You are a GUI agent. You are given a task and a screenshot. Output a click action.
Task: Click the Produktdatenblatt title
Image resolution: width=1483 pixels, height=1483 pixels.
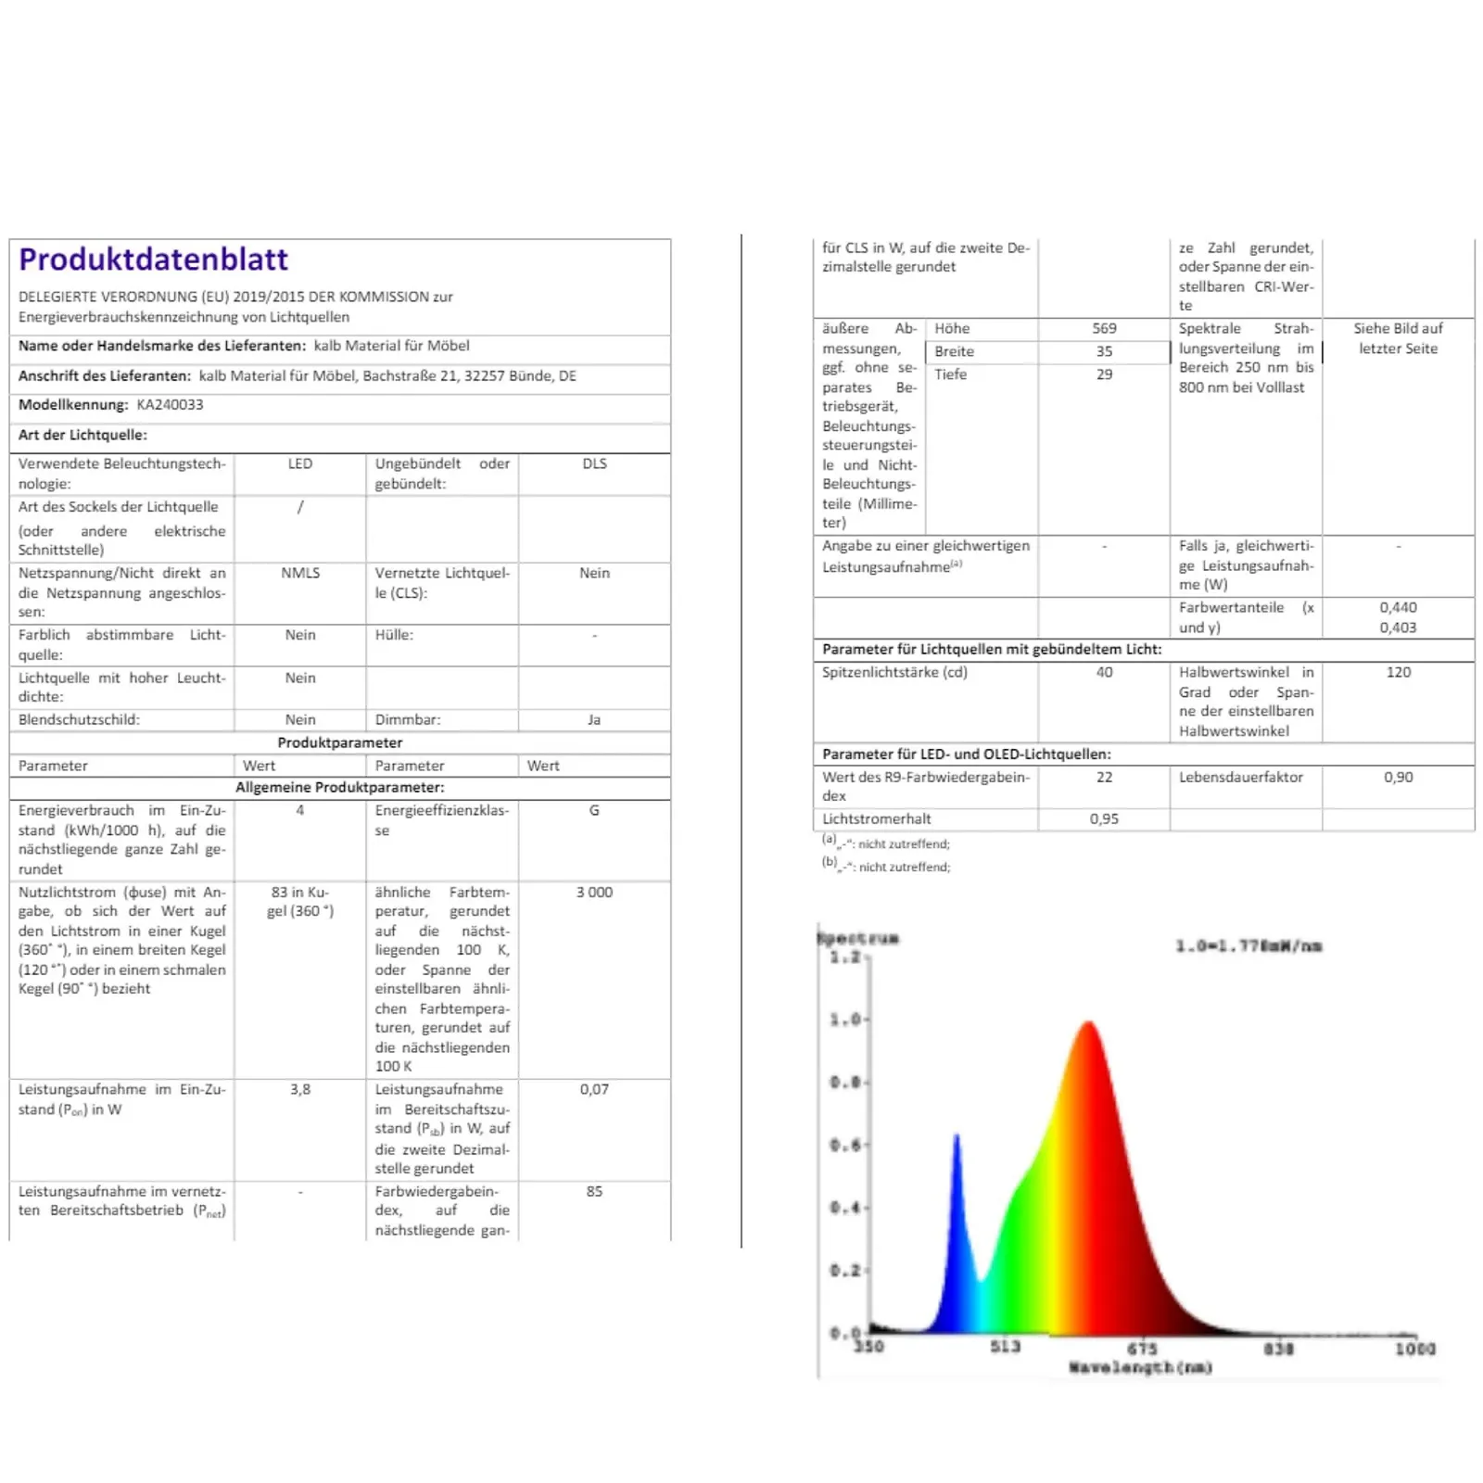click(153, 260)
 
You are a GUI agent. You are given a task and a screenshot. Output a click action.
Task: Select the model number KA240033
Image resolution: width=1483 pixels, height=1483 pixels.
click(170, 405)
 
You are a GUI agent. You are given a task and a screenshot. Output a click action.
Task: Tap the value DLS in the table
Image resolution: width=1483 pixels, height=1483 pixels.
click(594, 463)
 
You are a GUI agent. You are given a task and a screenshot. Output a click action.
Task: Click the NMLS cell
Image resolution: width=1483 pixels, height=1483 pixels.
click(300, 573)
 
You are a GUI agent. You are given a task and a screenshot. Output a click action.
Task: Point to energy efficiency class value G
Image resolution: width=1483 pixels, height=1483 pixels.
click(594, 810)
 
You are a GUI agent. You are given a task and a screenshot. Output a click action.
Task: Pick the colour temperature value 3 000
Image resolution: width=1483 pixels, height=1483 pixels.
click(594, 892)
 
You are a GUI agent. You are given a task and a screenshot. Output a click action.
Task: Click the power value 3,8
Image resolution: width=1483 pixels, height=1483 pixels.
click(300, 1089)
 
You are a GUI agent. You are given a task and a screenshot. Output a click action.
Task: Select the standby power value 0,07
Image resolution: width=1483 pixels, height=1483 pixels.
click(594, 1089)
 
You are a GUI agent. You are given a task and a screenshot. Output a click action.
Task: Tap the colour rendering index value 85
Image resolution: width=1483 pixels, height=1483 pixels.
click(594, 1191)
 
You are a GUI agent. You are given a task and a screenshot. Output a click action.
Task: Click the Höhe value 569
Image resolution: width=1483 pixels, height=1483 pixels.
click(1104, 328)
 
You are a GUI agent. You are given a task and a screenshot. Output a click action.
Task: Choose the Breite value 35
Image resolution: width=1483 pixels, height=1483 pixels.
click(1104, 351)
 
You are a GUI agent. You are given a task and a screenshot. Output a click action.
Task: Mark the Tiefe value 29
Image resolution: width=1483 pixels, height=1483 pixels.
click(1104, 374)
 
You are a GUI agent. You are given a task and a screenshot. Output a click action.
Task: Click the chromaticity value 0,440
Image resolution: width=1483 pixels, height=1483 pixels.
click(1398, 607)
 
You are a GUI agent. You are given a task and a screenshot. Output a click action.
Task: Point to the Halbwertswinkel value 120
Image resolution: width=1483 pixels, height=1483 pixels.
click(1398, 672)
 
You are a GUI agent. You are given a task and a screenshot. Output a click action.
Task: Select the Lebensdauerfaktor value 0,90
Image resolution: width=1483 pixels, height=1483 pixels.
click(1398, 777)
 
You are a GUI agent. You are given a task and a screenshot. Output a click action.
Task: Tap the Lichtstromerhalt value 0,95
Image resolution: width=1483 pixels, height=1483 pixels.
click(1104, 818)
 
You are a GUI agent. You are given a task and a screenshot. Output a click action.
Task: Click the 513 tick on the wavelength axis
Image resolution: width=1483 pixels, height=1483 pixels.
click(1005, 1346)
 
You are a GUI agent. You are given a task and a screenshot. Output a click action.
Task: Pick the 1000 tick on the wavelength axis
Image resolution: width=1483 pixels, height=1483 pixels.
click(1414, 1349)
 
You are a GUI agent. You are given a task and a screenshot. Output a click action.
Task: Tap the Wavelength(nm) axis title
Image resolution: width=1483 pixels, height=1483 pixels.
click(1140, 1367)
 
